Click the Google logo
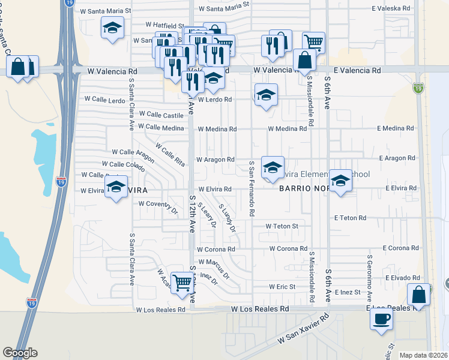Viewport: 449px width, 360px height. (x=20, y=353)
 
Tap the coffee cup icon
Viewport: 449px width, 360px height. (x=381, y=319)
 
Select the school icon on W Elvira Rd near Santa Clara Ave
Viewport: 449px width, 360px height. (x=116, y=185)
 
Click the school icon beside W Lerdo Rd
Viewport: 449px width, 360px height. (x=266, y=95)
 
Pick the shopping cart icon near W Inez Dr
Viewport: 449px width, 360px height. (x=182, y=282)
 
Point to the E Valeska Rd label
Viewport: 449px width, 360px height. (x=391, y=9)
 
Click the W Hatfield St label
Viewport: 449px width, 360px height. (x=164, y=26)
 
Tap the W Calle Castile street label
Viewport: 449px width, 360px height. (x=160, y=114)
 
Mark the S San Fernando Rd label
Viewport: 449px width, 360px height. (x=252, y=188)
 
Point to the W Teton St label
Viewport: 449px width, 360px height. (x=282, y=226)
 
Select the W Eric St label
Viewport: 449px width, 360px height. (x=282, y=287)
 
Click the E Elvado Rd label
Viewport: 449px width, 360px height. (x=401, y=278)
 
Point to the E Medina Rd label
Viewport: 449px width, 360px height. (x=396, y=128)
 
